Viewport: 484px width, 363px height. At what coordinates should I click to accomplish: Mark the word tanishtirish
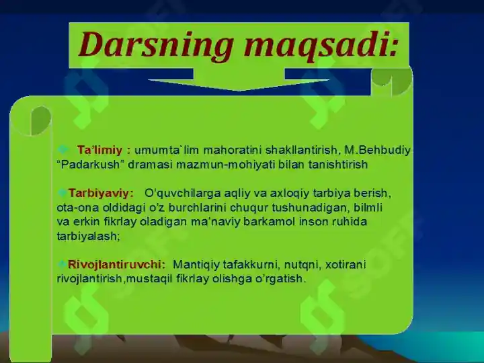tap(335, 163)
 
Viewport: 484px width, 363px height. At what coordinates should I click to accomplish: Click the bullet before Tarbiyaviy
tap(61, 193)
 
